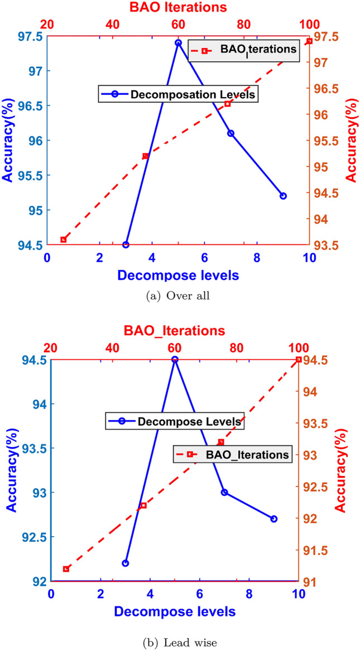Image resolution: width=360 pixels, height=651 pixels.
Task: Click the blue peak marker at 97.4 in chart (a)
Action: coord(178,42)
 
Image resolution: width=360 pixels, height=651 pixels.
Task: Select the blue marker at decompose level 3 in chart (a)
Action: coord(126,244)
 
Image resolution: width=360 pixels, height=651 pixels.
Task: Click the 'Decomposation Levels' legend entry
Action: coord(178,94)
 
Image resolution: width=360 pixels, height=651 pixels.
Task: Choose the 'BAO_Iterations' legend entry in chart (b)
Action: coord(232,454)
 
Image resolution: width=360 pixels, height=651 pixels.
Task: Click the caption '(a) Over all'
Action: coord(177,296)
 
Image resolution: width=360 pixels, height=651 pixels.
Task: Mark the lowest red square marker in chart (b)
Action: coord(66,569)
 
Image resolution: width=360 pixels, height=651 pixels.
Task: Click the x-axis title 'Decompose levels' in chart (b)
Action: coord(175,611)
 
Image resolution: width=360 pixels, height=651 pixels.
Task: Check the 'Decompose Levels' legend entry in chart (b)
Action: coord(174,421)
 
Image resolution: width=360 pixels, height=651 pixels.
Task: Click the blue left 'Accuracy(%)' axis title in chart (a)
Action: coord(9,140)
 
